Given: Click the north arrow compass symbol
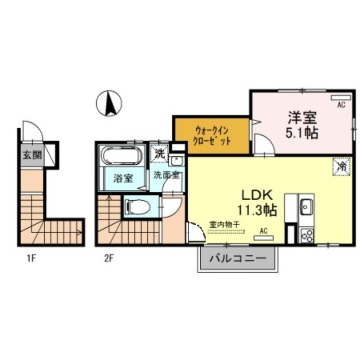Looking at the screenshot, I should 108,103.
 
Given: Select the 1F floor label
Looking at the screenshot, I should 31,259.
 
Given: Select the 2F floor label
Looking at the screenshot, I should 108,259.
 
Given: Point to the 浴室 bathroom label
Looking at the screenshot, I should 122,178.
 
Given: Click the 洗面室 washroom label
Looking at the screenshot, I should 167,175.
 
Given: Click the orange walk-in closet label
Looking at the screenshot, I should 212,135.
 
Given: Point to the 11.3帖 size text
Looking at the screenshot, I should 257,210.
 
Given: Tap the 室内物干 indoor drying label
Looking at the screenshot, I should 224,224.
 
